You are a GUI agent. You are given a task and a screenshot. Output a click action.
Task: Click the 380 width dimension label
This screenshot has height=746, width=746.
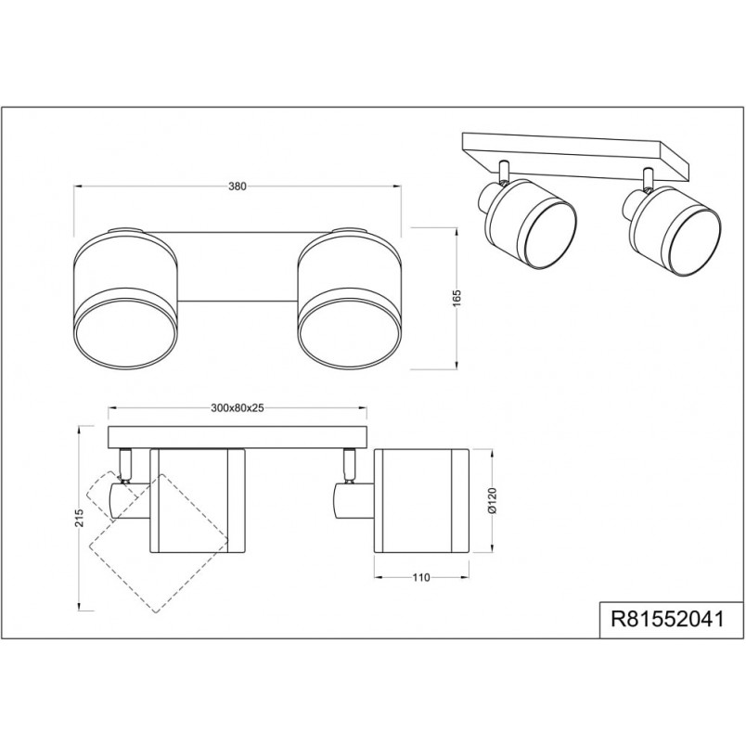coord(238,186)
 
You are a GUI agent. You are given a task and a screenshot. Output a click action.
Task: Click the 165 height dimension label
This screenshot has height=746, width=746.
coord(457,298)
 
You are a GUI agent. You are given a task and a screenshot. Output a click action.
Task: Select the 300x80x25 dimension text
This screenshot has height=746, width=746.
coord(237,407)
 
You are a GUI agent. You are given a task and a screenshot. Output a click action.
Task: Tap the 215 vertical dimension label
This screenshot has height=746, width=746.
coord(79,518)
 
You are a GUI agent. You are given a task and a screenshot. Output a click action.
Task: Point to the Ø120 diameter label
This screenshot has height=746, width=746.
coord(492,500)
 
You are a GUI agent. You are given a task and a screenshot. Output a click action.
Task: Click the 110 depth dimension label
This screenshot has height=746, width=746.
coord(421,577)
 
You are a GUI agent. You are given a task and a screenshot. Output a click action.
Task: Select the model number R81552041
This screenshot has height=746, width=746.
coord(668,619)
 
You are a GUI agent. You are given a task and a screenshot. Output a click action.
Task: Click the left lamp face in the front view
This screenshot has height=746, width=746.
coord(126,335)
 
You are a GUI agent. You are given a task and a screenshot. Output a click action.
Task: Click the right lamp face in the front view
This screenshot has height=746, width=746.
coord(350,335)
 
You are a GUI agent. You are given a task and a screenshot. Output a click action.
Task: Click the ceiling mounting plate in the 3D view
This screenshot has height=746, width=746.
coord(576,156)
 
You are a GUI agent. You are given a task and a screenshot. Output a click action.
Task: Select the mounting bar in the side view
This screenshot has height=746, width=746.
coord(238,437)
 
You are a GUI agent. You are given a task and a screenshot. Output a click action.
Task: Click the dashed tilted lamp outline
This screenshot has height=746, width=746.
coord(158,542)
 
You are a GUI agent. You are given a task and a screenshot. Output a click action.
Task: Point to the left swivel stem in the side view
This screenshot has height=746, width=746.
coord(124,465)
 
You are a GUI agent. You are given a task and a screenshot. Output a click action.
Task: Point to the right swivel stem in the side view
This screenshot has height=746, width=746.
coord(350,465)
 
